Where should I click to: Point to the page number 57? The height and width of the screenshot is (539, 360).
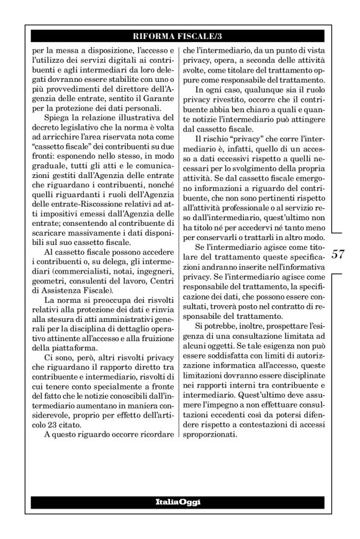tap(338, 254)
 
